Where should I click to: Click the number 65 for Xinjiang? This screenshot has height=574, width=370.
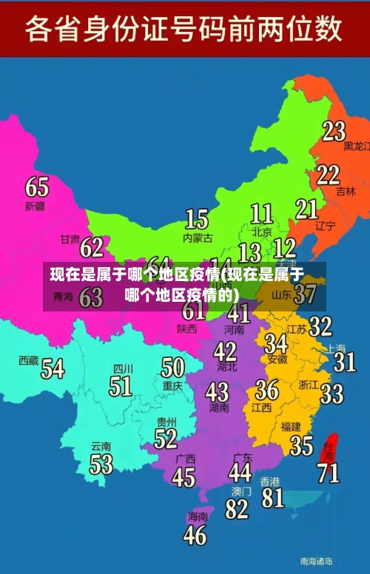[x=37, y=186]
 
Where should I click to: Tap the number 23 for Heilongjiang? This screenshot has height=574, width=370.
[x=334, y=131]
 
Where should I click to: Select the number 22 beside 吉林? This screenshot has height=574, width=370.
[x=328, y=175]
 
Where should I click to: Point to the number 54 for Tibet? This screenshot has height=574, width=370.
[x=52, y=368]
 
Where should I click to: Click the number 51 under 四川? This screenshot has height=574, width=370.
[x=121, y=385]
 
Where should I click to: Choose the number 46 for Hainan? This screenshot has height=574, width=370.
[x=195, y=534]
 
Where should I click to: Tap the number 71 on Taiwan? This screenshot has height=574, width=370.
[x=328, y=472]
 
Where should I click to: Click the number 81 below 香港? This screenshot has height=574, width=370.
[x=272, y=497]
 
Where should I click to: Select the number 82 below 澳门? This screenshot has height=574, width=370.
[x=237, y=509]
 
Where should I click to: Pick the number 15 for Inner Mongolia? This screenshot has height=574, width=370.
[x=196, y=219]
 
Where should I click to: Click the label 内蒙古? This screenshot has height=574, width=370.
[x=198, y=238]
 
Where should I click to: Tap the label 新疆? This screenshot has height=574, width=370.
[x=35, y=205]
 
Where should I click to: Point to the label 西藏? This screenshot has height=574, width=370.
[x=29, y=360]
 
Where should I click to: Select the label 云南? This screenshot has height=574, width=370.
[x=101, y=447]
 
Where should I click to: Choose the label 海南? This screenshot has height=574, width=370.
[x=198, y=516]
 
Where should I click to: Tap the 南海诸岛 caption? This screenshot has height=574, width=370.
[x=316, y=561]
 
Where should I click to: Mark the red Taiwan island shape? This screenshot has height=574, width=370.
[x=331, y=447]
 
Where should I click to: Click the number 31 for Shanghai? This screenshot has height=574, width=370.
[x=344, y=361]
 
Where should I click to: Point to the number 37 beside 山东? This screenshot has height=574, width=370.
[x=305, y=294]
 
